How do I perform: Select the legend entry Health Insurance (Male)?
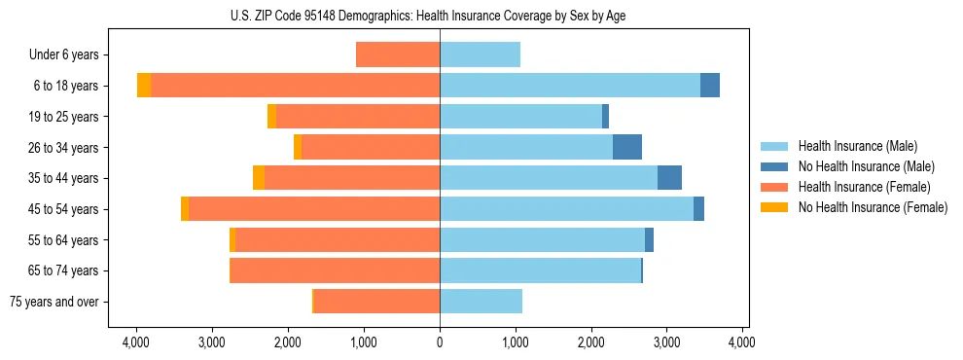[x=852, y=146]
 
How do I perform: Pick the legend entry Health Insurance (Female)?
[x=858, y=187]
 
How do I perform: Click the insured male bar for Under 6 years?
[x=480, y=54]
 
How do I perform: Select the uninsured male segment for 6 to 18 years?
[x=710, y=86]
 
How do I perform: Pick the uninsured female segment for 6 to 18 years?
[x=144, y=86]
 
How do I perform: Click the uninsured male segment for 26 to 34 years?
[x=627, y=147]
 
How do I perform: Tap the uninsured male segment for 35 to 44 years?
[x=669, y=178]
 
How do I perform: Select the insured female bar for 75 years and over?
[x=376, y=302]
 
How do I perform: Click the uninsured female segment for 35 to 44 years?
[x=259, y=178]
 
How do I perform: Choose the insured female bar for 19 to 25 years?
[x=358, y=117]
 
